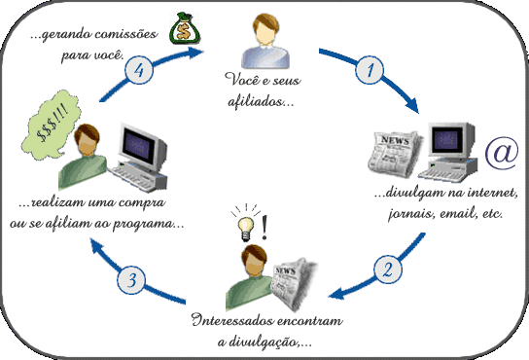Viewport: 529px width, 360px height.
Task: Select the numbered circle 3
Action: coord(134,279)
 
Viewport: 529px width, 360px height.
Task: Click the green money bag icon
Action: coord(182,29)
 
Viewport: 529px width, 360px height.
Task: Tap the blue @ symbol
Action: coord(500,152)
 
